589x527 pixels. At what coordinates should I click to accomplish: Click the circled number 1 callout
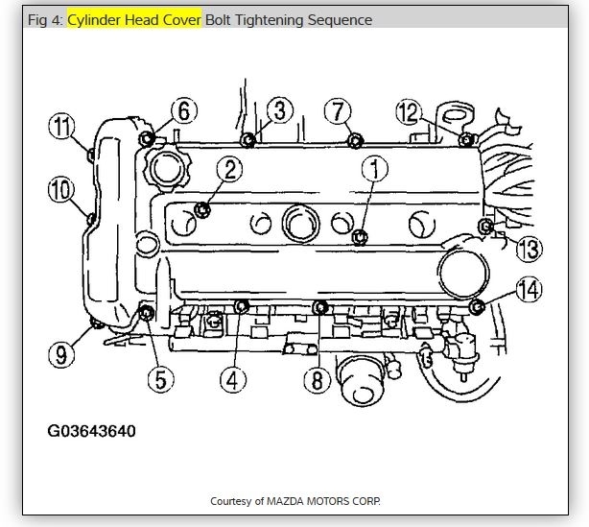pyautogui.click(x=374, y=170)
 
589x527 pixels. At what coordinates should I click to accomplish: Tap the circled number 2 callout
pyautogui.click(x=228, y=170)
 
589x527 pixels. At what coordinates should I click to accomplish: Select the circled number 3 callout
pyautogui.click(x=278, y=110)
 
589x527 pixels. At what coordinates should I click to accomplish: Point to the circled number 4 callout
pyautogui.click(x=229, y=379)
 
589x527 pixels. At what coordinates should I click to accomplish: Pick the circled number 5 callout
pyautogui.click(x=160, y=378)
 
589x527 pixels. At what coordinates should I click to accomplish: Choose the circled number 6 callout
pyautogui.click(x=185, y=110)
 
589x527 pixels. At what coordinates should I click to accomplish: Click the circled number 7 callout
pyautogui.click(x=337, y=111)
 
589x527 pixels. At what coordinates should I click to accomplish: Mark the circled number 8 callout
pyautogui.click(x=317, y=380)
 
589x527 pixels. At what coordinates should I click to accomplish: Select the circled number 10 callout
pyautogui.click(x=60, y=189)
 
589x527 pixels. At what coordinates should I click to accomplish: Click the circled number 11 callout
pyautogui.click(x=62, y=126)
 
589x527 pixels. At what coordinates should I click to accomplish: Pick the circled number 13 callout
pyautogui.click(x=527, y=250)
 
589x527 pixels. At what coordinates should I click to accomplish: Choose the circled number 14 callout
pyautogui.click(x=527, y=288)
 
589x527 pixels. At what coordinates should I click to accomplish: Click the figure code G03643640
pyautogui.click(x=91, y=431)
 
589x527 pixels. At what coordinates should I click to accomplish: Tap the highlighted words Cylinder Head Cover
pyautogui.click(x=133, y=19)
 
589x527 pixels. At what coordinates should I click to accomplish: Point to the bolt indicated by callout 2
pyautogui.click(x=202, y=209)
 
